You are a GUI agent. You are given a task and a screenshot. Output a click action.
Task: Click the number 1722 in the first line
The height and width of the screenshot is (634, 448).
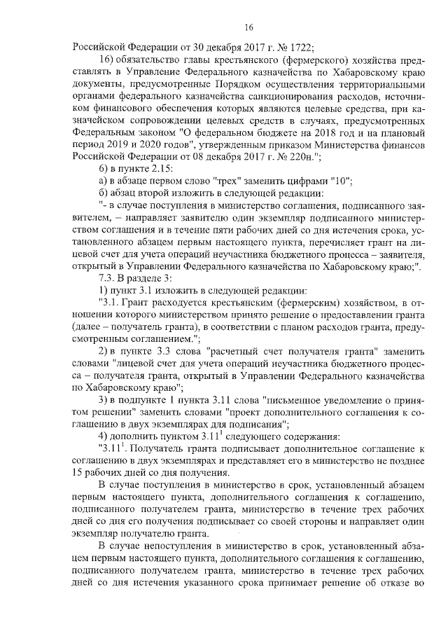302,48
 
